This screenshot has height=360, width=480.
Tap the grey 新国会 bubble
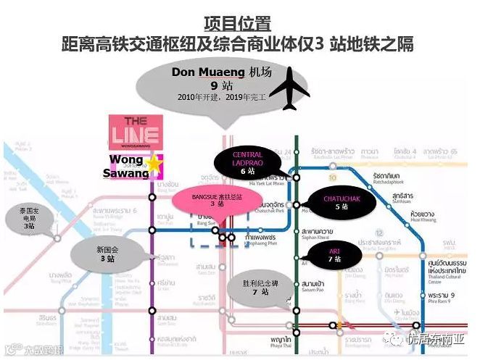click(x=105, y=254)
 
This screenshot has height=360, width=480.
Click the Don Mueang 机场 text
click(x=214, y=72)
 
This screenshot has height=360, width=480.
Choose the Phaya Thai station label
click(x=282, y=340)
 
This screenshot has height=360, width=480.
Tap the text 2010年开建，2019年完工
click(x=214, y=96)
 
